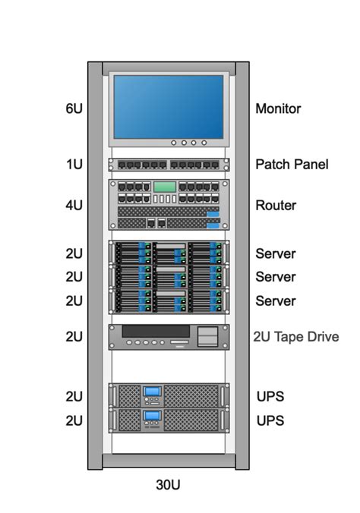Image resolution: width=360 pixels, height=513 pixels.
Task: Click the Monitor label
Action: click(278, 109)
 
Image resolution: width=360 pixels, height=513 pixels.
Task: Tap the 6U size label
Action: click(74, 109)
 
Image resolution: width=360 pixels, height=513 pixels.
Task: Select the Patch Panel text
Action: click(292, 164)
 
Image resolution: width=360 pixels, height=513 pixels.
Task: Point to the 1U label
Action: click(74, 164)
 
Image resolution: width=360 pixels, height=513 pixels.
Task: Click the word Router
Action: click(276, 206)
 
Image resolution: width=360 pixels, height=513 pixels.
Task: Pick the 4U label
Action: click(74, 206)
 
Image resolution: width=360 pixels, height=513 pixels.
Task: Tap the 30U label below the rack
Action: click(169, 485)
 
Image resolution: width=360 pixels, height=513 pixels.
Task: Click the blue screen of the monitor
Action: click(169, 105)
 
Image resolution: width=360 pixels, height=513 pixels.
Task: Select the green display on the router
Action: click(164, 187)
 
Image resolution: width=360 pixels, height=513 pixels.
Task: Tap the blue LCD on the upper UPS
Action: click(153, 392)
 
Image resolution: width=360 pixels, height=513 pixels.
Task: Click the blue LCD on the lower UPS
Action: click(153, 416)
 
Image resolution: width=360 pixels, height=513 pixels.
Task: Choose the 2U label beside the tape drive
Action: click(74, 337)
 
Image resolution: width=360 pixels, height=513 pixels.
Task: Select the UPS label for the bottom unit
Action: click(270, 420)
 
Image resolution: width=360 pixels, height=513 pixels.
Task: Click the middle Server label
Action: click(276, 277)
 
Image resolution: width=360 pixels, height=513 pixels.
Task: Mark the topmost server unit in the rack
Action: click(169, 253)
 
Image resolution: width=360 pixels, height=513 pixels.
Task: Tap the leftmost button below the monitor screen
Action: click(173, 142)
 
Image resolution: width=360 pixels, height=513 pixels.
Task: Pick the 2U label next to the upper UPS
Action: click(74, 396)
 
